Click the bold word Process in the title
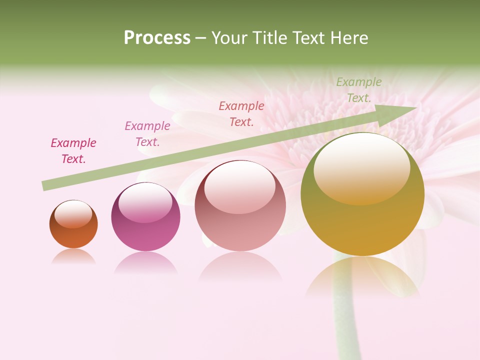157,38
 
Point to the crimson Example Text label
73,151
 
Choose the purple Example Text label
147,134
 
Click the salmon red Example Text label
241,113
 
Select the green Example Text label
358,90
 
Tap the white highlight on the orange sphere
73,213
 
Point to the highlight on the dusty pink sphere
240,187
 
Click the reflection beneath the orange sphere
73,256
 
